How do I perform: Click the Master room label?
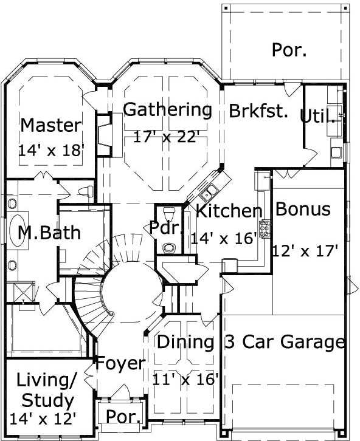[x=50, y=126]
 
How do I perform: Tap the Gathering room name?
[x=167, y=110]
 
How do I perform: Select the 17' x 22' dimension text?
[x=167, y=137]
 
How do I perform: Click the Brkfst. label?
[x=258, y=112]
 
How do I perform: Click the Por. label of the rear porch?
[x=289, y=50]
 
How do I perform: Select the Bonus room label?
[x=303, y=209]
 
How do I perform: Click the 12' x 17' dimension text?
[x=305, y=250]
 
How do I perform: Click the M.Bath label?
[x=49, y=232]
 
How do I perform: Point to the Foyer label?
[x=120, y=364]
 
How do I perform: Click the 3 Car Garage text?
[x=285, y=342]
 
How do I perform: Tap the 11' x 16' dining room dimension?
[x=185, y=380]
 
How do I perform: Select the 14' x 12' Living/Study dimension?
[x=43, y=419]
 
